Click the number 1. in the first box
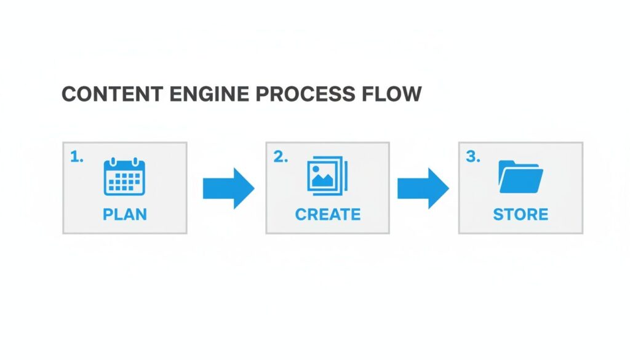coord(76,157)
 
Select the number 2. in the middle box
coord(280,157)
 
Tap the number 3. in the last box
coord(472,157)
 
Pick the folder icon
coord(520,177)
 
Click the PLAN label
coord(125,214)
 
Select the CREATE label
coord(327,214)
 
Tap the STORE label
coord(520,214)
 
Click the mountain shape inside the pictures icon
coord(322,181)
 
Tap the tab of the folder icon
coord(508,163)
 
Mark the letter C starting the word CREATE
coord(301,214)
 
